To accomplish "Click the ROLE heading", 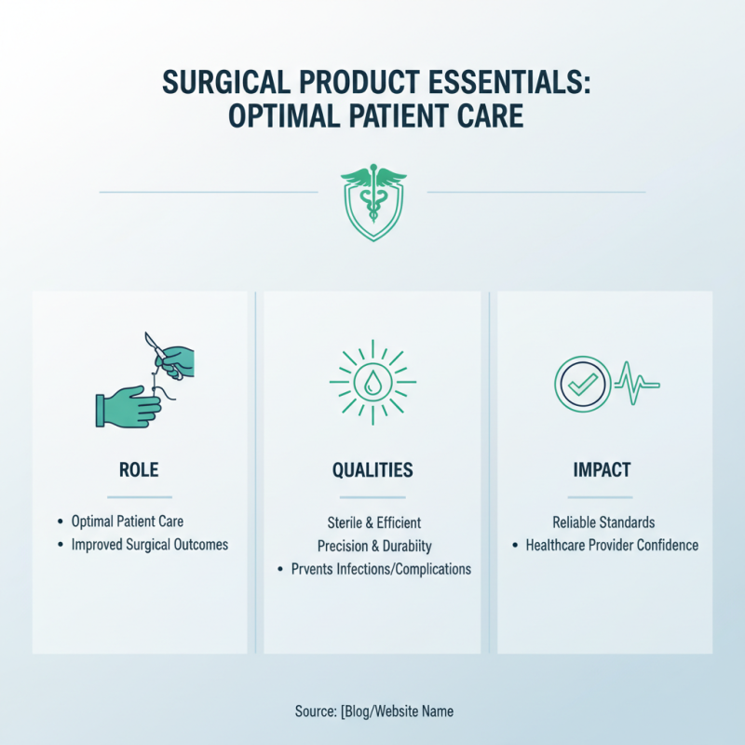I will (139, 470).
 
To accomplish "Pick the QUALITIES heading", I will (372, 470).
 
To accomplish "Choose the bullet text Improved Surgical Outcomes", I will (150, 545).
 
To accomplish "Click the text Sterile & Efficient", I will (372, 523).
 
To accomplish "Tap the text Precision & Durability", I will (372, 546).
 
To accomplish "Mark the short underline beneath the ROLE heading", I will (139, 497).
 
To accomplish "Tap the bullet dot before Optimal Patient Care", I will (61, 523).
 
